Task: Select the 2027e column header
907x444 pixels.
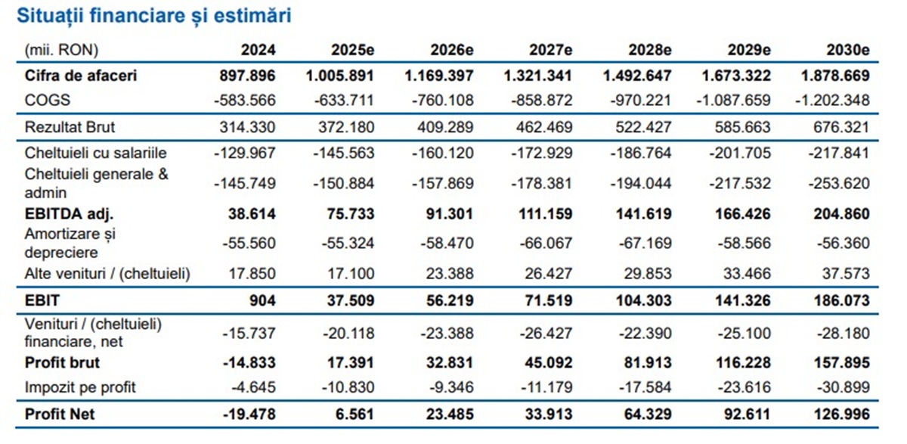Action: pos(550,50)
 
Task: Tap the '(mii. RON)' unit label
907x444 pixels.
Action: pos(61,50)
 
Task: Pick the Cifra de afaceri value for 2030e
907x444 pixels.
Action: pos(837,76)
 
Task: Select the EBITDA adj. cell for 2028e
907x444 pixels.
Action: pos(642,214)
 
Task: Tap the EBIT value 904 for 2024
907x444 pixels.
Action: pos(263,300)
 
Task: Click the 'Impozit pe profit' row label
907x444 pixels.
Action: pos(80,387)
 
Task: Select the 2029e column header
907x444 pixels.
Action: pos(748,50)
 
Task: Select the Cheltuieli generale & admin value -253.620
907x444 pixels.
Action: pos(837,183)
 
